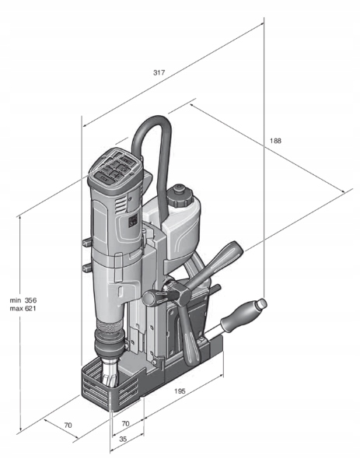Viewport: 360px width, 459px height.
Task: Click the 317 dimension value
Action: (159, 72)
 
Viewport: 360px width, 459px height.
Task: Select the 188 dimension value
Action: (275, 141)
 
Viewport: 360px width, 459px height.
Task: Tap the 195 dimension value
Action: (180, 391)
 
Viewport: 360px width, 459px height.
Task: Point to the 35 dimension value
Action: (123, 439)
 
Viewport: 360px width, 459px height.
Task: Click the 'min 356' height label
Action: (23, 300)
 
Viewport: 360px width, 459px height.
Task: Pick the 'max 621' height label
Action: (23, 308)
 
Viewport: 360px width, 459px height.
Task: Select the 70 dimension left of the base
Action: (68, 425)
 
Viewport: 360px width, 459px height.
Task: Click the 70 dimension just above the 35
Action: (125, 423)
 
